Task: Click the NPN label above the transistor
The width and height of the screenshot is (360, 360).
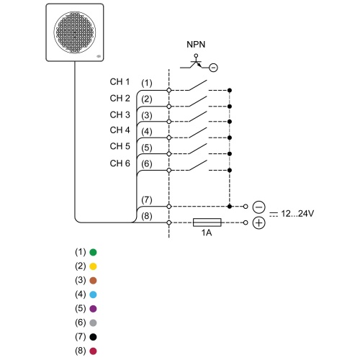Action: coord(196,45)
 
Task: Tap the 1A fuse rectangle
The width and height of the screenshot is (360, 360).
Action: coord(207,222)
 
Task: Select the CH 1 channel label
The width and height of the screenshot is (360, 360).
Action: coord(120,81)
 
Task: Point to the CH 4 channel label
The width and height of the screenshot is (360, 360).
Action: coord(120,130)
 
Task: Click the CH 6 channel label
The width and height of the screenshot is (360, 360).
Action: coord(120,163)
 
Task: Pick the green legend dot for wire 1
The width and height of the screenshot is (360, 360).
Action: coord(93,252)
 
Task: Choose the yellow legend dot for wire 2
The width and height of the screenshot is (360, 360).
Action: coord(93,266)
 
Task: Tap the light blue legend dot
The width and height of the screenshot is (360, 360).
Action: coord(93,294)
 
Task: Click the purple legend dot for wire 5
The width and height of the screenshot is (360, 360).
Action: coord(93,309)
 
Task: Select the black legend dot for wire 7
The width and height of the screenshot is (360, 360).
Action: coord(93,337)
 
